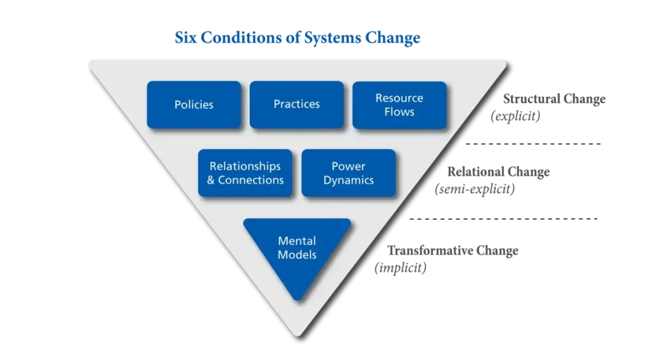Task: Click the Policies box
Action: tap(193, 104)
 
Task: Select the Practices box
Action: tap(297, 104)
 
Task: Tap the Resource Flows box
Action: tap(399, 104)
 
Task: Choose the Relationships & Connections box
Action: tap(245, 173)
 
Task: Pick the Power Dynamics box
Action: tap(348, 173)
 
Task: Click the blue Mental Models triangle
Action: tap(297, 250)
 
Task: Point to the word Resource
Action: tap(399, 98)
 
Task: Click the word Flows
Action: tap(399, 112)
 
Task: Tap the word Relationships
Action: tap(245, 167)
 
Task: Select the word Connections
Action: tap(250, 180)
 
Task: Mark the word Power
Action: tap(348, 167)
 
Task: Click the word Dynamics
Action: tap(348, 180)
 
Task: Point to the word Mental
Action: tap(297, 241)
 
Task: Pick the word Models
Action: tap(297, 254)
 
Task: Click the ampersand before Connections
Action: tap(211, 180)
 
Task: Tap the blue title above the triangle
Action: tap(298, 39)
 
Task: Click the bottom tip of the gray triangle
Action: tap(297, 334)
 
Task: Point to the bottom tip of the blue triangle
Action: tap(297, 299)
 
